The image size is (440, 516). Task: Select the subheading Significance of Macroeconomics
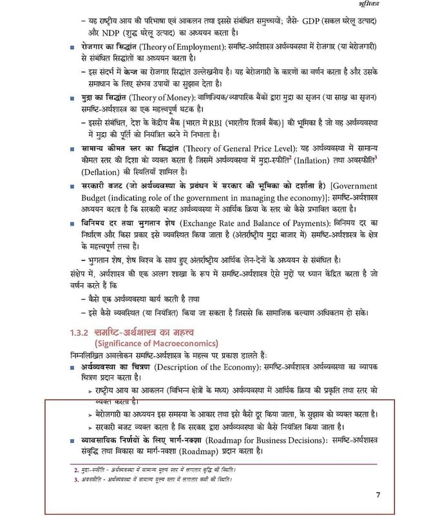point(157,342)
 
